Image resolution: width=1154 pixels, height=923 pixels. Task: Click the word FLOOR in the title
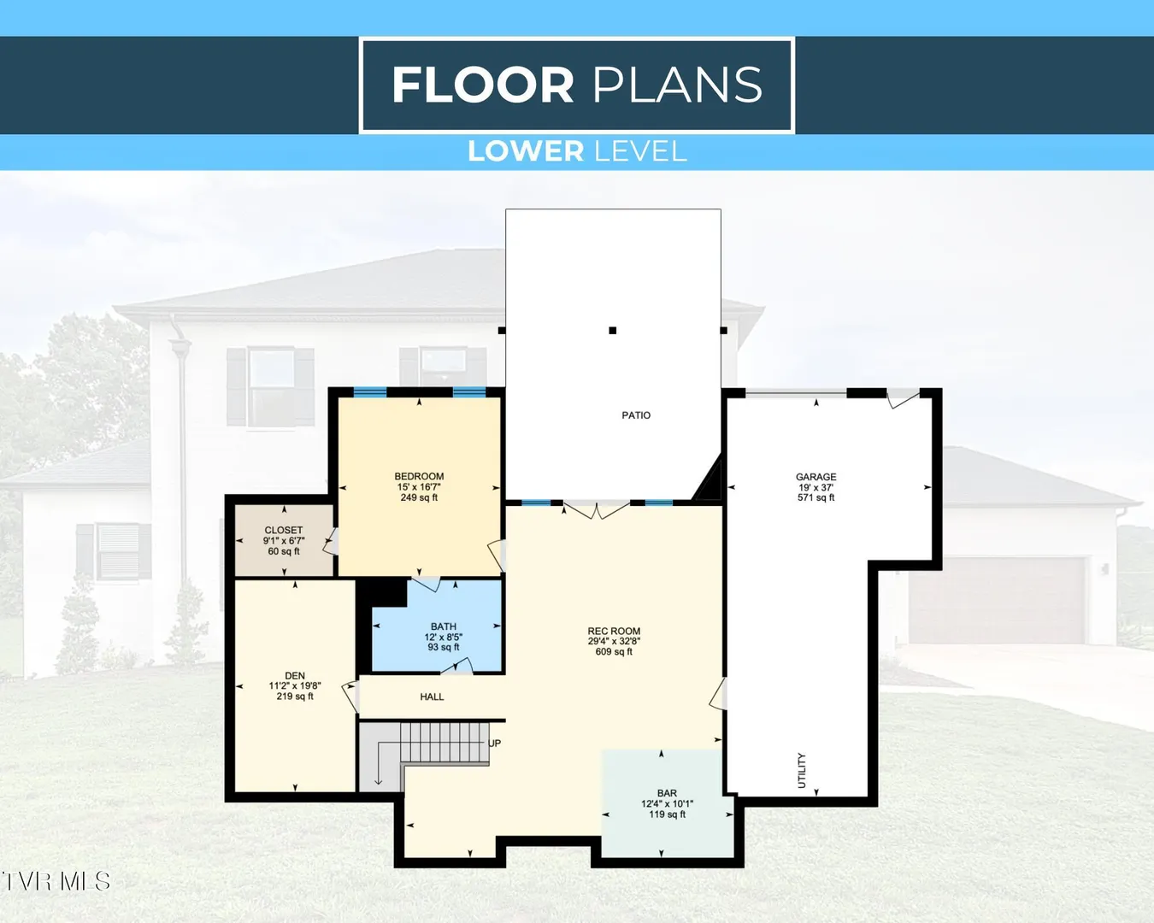pos(483,85)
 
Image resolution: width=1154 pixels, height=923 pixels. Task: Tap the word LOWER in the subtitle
pos(526,151)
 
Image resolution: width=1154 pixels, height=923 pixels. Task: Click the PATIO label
pos(636,415)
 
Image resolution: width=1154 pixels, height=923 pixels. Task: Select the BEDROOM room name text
pos(419,476)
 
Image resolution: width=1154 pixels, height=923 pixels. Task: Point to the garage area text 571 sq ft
pos(815,497)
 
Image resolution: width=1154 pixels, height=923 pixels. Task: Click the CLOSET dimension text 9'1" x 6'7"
pos(284,541)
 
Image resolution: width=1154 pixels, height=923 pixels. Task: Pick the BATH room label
pos(444,626)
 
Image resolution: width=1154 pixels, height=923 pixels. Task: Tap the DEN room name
pos(295,676)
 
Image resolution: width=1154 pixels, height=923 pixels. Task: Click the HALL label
pos(432,697)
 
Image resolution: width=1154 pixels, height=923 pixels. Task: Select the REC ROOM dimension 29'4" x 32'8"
pos(614,642)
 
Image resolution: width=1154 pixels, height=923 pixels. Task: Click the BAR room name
pos(667,793)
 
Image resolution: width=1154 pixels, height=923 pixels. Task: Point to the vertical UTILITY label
pos(802,771)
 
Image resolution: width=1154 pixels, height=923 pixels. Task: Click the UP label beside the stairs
pos(494,744)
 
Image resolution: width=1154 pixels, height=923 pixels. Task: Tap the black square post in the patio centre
pos(612,331)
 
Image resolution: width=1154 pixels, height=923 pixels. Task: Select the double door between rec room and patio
pos(597,509)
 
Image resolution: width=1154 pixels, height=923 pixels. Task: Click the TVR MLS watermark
pos(56,882)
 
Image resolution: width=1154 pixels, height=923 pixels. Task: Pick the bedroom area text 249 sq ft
pos(419,497)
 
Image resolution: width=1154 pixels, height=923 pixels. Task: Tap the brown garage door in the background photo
pos(997,600)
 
